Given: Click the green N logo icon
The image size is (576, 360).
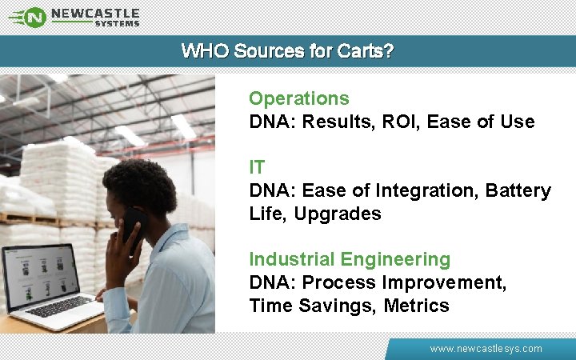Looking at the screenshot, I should click(34, 16).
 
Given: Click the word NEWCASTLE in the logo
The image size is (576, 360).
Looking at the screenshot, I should click(94, 13).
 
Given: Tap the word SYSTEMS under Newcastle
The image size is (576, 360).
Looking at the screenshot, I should click(117, 24).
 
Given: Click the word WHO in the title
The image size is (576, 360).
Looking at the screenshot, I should click(202, 51).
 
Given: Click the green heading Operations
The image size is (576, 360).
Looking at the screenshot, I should click(298, 98).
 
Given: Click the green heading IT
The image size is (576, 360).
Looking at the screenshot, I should click(257, 167).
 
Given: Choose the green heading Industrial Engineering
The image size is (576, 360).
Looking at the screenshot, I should click(350, 259).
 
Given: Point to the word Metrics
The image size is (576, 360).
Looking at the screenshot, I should click(416, 306).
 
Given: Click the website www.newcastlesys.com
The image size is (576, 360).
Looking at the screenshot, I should click(486, 349).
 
